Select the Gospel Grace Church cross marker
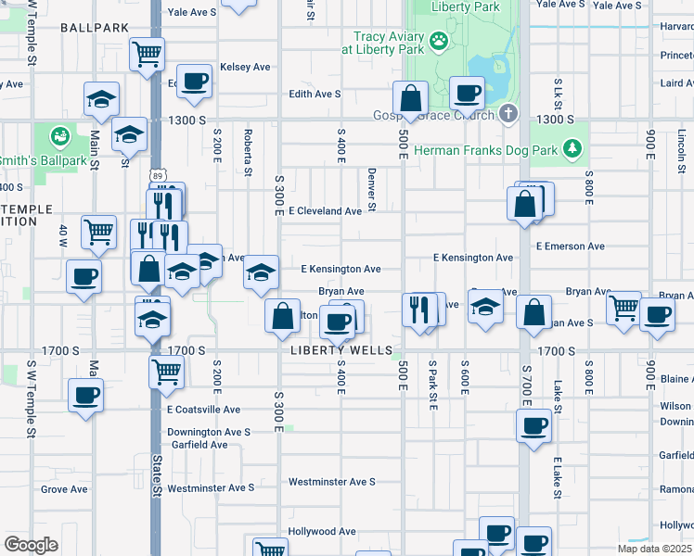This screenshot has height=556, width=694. click(507, 114)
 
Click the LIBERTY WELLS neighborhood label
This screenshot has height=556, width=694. click(339, 351)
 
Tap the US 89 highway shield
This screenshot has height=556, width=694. click(159, 175)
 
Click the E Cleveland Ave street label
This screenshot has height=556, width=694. click(325, 211)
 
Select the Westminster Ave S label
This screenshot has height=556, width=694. click(331, 482)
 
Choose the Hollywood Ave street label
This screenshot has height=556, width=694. click(322, 532)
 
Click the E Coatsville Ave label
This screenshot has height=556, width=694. click(203, 410)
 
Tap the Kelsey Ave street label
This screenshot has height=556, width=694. click(245, 68)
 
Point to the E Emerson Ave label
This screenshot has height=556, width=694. click(571, 246)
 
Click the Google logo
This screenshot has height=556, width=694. click(32, 545)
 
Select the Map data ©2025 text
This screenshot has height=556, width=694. click(655, 549)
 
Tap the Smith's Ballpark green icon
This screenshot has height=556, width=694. click(60, 137)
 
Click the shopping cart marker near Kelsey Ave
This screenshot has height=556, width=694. click(147, 54)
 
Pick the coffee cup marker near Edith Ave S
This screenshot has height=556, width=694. click(194, 82)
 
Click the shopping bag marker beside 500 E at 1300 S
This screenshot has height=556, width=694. click(409, 96)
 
